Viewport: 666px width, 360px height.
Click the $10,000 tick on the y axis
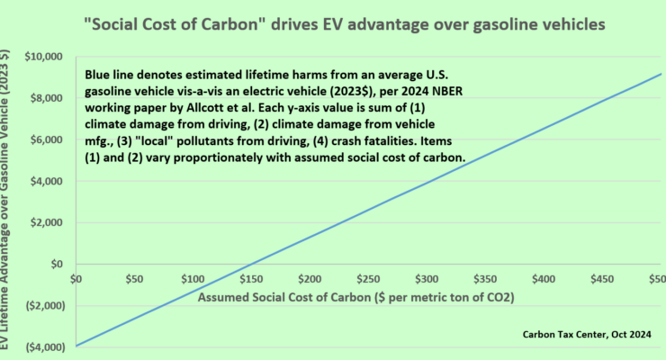tap(43, 57)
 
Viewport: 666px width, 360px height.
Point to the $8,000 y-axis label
tap(46, 98)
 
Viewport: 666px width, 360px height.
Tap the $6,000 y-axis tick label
tap(46, 139)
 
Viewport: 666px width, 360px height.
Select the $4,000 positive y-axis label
tap(46, 181)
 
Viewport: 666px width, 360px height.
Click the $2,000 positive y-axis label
tap(46, 222)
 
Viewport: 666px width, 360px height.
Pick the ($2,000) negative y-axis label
tap(46, 306)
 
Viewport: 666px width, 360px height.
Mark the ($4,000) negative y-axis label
tap(46, 347)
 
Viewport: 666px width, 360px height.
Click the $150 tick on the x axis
tap(251, 279)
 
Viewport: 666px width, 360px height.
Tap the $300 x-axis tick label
tap(427, 279)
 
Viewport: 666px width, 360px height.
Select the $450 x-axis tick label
tap(602, 279)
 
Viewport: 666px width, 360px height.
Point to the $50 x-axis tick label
tap(134, 279)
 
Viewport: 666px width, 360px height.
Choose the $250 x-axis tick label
tap(368, 279)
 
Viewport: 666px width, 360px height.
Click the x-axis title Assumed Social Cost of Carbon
tap(355, 297)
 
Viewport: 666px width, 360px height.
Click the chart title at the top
tap(345, 24)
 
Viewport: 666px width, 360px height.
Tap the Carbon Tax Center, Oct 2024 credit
tap(587, 335)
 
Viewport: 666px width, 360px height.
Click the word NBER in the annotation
tap(450, 91)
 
